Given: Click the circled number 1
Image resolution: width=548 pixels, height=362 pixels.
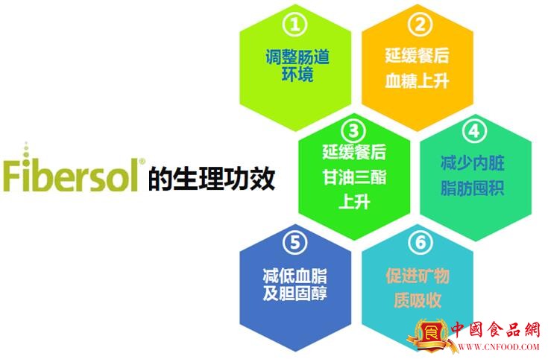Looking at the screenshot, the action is (x=295, y=25).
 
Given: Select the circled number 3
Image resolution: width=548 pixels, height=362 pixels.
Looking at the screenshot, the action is (x=353, y=131).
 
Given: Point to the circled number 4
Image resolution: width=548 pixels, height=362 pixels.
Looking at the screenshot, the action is (x=474, y=131).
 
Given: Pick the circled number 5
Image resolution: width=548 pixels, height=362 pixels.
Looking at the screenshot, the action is (x=295, y=242).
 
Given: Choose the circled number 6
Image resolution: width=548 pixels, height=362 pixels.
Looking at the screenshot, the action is (x=420, y=242).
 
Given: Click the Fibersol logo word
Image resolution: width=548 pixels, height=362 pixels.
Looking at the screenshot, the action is (x=71, y=171).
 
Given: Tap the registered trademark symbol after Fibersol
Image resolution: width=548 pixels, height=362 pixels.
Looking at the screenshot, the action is (x=142, y=162).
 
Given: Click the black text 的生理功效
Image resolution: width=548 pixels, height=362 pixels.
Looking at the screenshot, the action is (x=212, y=179).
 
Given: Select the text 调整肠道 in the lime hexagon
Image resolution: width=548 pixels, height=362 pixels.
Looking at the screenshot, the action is (x=297, y=57).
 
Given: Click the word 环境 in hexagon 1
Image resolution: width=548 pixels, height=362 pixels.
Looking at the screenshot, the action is (x=297, y=74).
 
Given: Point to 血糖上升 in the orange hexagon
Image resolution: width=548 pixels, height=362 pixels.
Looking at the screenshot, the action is (x=417, y=80).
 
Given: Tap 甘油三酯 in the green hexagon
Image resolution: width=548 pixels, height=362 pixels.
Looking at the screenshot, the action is (x=354, y=177).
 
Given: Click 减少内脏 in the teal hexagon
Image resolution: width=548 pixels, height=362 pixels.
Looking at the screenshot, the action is (x=472, y=163).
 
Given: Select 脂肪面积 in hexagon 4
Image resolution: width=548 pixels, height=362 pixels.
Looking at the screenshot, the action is (x=472, y=188).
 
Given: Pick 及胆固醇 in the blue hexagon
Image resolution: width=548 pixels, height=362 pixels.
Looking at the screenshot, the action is (x=295, y=293).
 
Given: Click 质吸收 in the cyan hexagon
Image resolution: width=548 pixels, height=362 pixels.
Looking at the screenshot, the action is (x=418, y=300).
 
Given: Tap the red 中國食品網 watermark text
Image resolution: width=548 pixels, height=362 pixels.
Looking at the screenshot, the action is (x=496, y=329).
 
